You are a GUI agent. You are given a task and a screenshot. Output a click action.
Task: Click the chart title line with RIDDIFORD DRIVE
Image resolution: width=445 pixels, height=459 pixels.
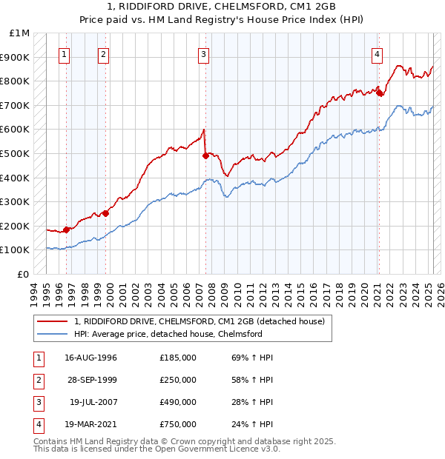pos(222,7)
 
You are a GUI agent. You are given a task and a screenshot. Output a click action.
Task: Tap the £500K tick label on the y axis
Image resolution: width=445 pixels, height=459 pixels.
pos(14,153)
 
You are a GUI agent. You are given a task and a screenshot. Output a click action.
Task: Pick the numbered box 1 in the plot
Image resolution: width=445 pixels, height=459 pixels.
pos(65,53)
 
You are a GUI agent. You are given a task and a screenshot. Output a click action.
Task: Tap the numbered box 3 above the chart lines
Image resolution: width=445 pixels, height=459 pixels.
pos(203,53)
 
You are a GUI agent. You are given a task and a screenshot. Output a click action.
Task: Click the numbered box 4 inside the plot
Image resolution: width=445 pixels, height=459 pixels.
pos(378,53)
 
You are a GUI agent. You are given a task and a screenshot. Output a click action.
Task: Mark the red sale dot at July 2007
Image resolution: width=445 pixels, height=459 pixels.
pos(205,155)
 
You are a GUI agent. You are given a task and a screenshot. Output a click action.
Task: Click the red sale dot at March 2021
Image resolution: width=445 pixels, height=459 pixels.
pos(379,93)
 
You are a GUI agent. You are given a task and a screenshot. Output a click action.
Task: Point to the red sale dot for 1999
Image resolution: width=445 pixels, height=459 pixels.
pos(105,213)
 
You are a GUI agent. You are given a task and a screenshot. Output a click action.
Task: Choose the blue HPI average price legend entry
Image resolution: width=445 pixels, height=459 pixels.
pos(168,334)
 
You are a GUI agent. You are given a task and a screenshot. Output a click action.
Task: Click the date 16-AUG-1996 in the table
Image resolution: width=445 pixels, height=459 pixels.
pos(90,358)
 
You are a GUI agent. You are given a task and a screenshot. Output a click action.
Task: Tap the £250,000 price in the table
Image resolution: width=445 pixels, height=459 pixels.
pos(178,380)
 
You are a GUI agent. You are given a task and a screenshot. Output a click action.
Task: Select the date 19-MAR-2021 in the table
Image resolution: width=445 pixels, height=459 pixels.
pos(90,424)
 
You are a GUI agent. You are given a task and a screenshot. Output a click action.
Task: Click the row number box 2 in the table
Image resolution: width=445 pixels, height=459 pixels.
pos(38,380)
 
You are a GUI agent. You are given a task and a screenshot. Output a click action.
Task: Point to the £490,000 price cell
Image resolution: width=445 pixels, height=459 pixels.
pos(178,402)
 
